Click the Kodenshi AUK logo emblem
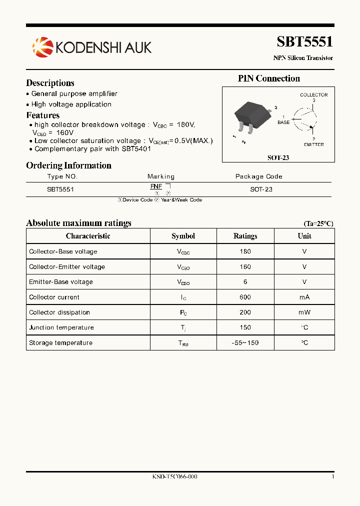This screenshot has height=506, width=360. click(42, 46)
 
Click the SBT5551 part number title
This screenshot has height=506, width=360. click(304, 41)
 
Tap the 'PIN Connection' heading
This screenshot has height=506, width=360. click(269, 78)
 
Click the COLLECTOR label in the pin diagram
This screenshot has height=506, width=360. click(313, 94)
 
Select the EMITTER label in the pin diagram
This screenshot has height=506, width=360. click(313, 144)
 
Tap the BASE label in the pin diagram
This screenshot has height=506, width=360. click(283, 122)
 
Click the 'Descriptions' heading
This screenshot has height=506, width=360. click(50, 83)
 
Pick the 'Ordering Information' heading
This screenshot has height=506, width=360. click(68, 165)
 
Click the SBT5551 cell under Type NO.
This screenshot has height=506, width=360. click(60, 190)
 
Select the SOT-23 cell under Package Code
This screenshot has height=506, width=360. click(261, 190)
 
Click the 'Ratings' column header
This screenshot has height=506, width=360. click(245, 236)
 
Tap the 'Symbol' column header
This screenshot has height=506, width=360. click(183, 236)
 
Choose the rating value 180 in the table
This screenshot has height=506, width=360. click(245, 251)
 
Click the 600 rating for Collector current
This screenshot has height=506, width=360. click(245, 297)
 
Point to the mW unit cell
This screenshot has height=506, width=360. click(304, 312)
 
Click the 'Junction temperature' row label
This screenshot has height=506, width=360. click(61, 327)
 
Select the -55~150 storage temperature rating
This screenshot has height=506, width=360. click(245, 343)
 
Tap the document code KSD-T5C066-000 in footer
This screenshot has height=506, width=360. click(174, 477)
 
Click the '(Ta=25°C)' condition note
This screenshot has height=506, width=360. click(318, 224)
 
